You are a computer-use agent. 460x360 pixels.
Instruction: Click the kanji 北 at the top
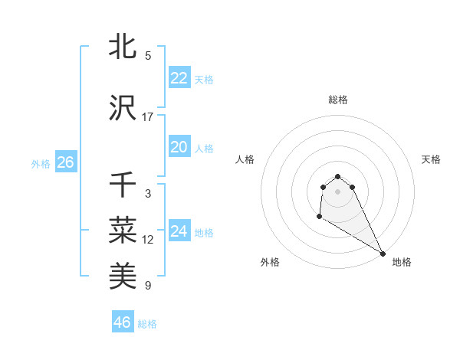tap(123, 47)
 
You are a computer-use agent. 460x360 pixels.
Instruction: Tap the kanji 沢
tap(123, 108)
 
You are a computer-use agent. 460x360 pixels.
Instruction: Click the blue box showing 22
tap(179, 78)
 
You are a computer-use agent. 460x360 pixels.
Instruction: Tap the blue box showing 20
tap(179, 147)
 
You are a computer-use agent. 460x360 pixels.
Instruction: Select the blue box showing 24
tap(179, 231)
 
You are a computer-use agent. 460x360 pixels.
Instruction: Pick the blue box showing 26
tap(65, 162)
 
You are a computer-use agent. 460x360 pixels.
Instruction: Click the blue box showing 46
tap(123, 322)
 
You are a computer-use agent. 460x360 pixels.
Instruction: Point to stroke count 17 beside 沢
tap(148, 117)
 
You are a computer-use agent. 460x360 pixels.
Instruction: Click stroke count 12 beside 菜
tap(148, 240)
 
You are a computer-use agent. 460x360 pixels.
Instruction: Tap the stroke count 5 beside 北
tap(148, 56)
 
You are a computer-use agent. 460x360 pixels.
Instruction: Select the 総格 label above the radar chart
tap(338, 100)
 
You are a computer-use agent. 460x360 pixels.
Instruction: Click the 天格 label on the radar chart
tap(431, 159)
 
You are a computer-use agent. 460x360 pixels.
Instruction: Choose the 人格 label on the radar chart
tap(245, 159)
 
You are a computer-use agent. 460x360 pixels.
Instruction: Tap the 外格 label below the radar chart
tap(270, 262)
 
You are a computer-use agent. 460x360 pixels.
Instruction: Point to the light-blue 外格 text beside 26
tap(41, 163)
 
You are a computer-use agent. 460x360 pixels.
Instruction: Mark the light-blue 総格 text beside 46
tap(147, 323)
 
